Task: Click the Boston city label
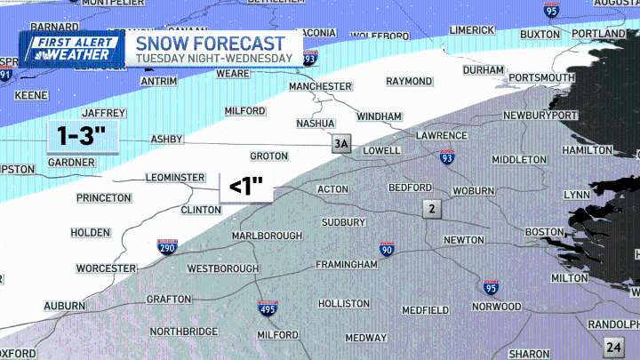pyautogui.click(x=544, y=232)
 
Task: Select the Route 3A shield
pyautogui.click(x=341, y=145)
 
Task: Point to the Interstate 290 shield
pyautogui.click(x=167, y=247)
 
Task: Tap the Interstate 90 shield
pyautogui.click(x=387, y=250)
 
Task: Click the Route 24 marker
pyautogui.click(x=612, y=347)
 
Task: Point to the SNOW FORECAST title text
pyautogui.click(x=211, y=43)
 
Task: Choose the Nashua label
pyautogui.click(x=316, y=124)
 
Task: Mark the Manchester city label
pyautogui.click(x=320, y=86)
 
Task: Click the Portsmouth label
pyautogui.click(x=541, y=78)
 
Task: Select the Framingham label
pyautogui.click(x=347, y=265)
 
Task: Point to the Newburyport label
pyautogui.click(x=540, y=116)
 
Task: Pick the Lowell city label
pyautogui.click(x=381, y=151)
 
